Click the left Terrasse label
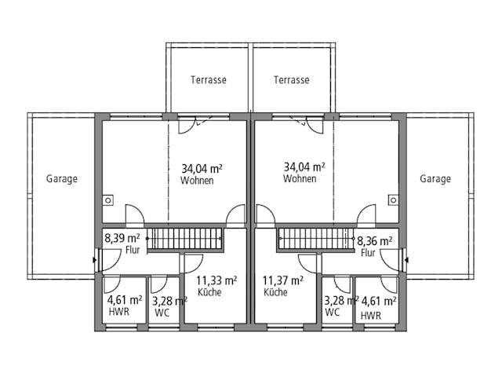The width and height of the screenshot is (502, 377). pos(209,80)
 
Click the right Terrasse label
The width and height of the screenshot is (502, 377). pos(292,80)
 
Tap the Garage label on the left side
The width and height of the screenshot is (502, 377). pos(62,179)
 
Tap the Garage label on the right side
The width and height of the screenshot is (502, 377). pos(435,179)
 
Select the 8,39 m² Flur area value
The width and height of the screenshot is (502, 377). pos(122,239)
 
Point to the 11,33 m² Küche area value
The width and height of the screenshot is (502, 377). pos(216,280)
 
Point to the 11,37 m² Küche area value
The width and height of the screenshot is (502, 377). pos(283,280)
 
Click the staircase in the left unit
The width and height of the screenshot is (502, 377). pos(176,239)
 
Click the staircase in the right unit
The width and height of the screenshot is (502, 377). pos(314,239)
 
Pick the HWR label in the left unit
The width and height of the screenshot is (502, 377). pos(119,313)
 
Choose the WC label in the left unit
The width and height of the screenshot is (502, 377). pos(162,313)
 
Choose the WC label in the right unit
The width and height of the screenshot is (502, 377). pos(333,313)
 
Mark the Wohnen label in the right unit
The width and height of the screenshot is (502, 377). pos(300,179)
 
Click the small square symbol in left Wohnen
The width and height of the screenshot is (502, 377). pos(108,200)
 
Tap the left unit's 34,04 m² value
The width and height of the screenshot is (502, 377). pos(202,168)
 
